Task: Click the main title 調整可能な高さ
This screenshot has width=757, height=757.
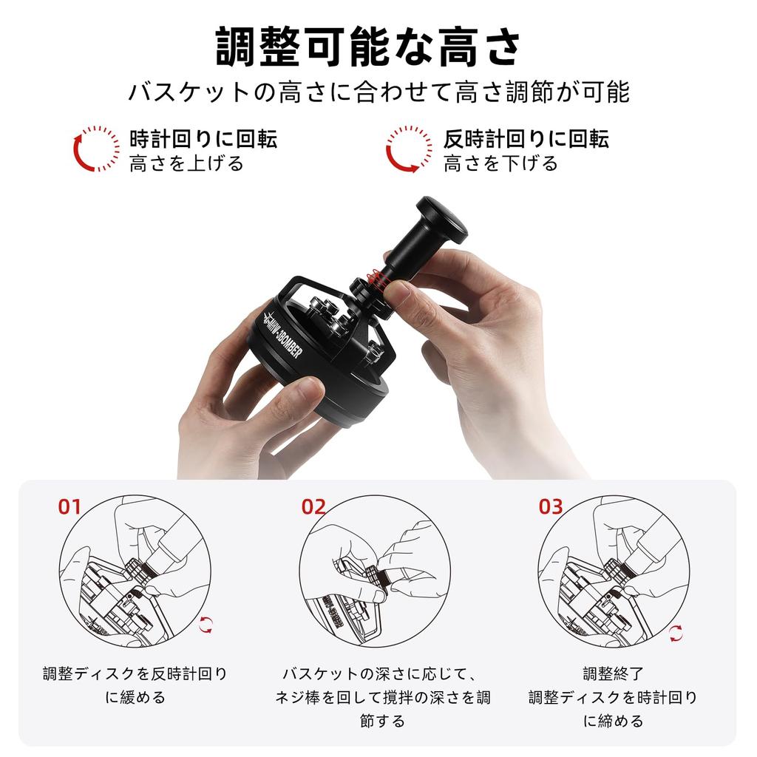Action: [x=367, y=47]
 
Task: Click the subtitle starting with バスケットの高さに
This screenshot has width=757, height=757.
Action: [x=378, y=93]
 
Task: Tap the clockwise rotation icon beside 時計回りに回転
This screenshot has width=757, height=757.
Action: [x=96, y=149]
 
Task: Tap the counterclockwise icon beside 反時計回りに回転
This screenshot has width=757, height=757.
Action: [x=409, y=149]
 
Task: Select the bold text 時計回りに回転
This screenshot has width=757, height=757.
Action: [x=203, y=138]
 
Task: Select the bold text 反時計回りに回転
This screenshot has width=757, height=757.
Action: [x=526, y=138]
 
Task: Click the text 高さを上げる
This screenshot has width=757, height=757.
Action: [x=186, y=163]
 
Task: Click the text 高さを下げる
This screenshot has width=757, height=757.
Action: [x=500, y=163]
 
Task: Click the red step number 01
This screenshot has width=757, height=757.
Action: [x=69, y=506]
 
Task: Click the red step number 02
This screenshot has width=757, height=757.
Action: [x=313, y=506]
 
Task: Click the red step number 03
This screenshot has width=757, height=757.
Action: [x=550, y=506]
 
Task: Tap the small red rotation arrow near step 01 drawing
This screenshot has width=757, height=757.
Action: [x=206, y=625]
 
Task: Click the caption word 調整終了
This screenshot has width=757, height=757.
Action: [x=613, y=673]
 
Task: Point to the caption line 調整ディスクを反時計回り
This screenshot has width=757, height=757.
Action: [x=135, y=673]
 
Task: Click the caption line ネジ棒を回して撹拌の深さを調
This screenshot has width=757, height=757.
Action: [x=382, y=697]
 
